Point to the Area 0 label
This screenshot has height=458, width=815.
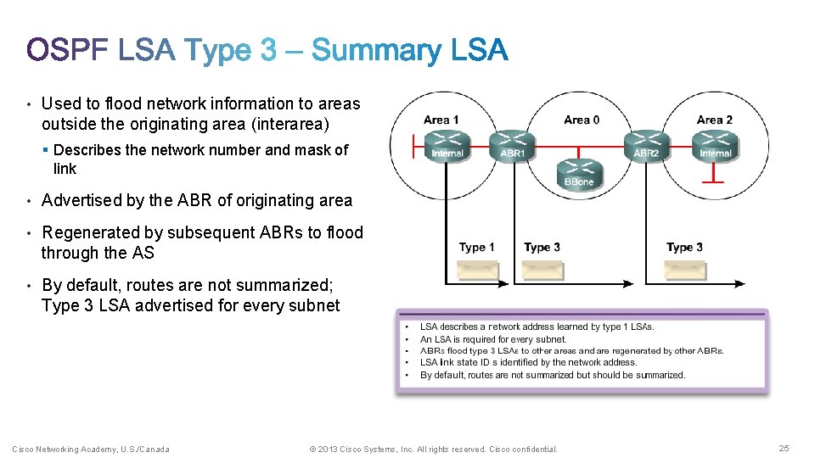[x=582, y=120]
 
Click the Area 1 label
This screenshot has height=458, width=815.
[x=441, y=120]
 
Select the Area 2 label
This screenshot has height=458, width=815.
[x=715, y=120]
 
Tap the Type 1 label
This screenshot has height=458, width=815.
[x=477, y=248]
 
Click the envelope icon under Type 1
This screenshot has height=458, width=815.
[x=478, y=270]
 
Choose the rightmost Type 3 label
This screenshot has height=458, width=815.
[x=684, y=248]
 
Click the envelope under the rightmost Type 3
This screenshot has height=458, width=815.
[x=685, y=270]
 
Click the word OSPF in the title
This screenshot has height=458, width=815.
[x=68, y=51]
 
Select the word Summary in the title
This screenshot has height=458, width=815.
[x=377, y=51]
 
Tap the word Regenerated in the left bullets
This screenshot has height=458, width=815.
[x=94, y=232]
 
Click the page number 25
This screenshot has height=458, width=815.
[x=784, y=449]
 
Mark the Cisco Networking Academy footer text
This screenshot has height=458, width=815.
[x=90, y=449]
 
